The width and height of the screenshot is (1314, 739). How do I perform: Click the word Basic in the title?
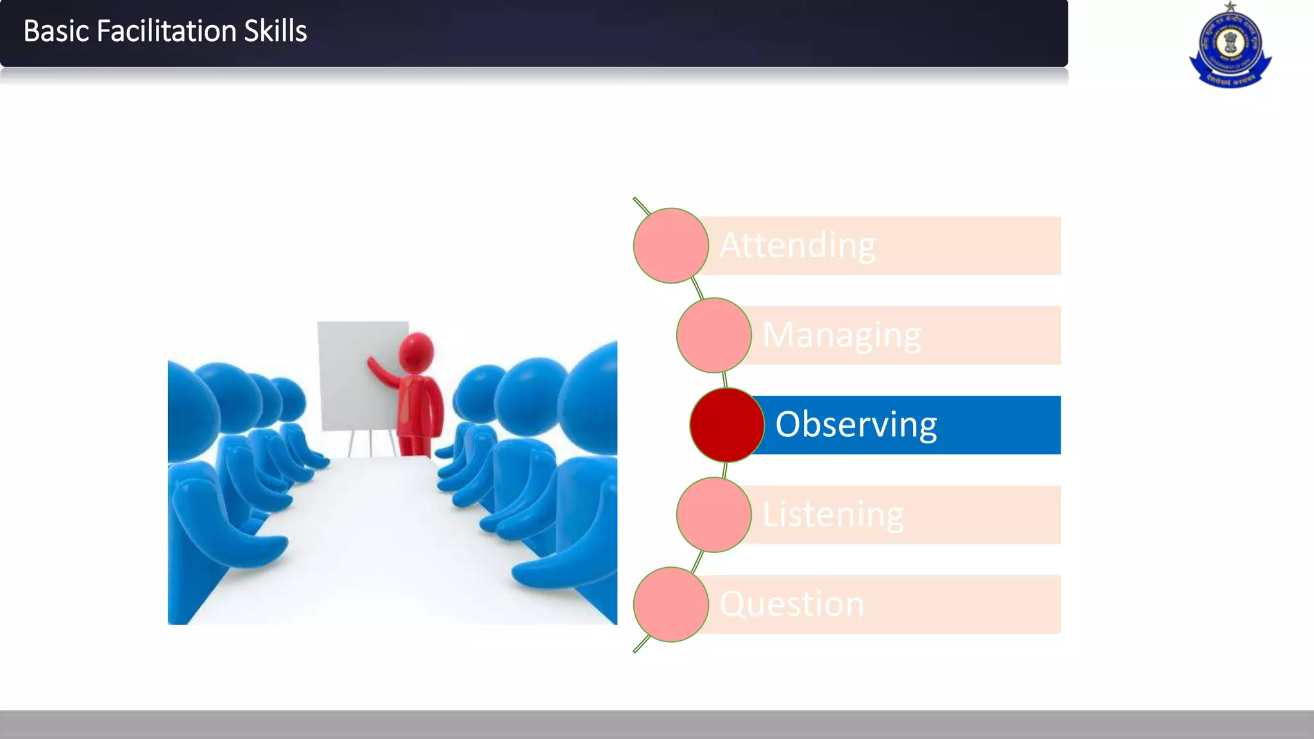56,31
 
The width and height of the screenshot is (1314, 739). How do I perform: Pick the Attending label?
798,246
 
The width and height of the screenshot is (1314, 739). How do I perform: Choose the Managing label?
841,336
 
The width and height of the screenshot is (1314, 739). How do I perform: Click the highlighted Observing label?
856,425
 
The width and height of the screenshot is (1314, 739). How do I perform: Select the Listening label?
833,514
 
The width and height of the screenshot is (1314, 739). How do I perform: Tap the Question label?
792,604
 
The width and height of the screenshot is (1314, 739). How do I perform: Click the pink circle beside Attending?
670,246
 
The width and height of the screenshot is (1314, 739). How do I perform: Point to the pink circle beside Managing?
713,336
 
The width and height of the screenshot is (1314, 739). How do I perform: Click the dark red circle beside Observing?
727,425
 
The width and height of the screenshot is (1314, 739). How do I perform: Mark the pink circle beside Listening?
713,514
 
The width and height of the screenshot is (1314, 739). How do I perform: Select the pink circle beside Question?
670,604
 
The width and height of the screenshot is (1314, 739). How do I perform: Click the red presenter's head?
416,352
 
